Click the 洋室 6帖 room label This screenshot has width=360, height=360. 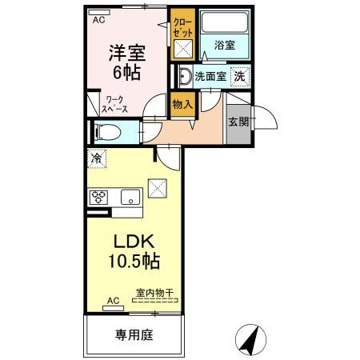(127, 63)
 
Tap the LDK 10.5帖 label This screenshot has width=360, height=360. (134, 251)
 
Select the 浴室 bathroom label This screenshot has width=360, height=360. (225, 45)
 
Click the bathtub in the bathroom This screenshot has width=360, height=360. (225, 22)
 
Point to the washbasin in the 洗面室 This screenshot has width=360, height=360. (186, 76)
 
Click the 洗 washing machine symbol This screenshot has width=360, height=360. (240, 77)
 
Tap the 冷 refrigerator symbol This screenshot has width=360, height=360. (97, 158)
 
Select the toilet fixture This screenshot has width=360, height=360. (106, 132)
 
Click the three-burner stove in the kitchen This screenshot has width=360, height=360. (98, 198)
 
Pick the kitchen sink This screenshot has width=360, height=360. (130, 197)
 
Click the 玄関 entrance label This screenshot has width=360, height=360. (238, 122)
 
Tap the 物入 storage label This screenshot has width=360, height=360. (182, 104)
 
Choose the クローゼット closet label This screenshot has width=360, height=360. (182, 28)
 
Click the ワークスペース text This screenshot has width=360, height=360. (114, 104)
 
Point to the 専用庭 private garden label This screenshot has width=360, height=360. (134, 334)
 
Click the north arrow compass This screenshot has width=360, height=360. (251, 340)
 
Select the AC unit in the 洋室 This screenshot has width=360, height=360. (99, 12)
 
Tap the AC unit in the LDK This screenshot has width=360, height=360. (114, 308)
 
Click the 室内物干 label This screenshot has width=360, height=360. (154, 293)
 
